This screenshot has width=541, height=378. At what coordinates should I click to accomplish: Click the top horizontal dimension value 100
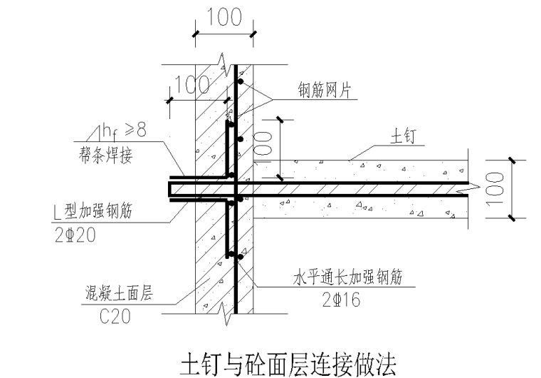click(224, 17)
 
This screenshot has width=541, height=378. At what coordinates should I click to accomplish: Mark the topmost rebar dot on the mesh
click(241, 83)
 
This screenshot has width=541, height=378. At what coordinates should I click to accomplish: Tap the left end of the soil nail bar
click(170, 188)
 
